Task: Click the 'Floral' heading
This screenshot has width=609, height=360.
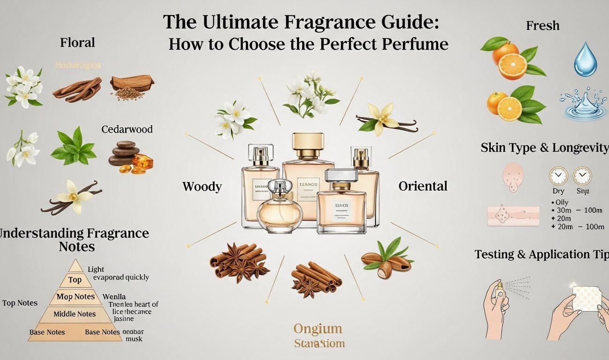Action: tap(77, 43)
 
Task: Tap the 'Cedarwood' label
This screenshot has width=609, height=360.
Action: tap(127, 129)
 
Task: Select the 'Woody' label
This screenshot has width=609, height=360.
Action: tap(202, 187)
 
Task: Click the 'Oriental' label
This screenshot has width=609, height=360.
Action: tap(423, 186)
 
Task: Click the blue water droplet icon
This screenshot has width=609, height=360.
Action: tap(585, 60)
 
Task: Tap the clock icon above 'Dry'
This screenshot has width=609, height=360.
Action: tap(558, 176)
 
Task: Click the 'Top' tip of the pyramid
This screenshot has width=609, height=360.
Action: tap(75, 280)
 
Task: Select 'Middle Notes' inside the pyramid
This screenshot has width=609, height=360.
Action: tap(74, 314)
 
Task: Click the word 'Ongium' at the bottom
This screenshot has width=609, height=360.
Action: tap(318, 329)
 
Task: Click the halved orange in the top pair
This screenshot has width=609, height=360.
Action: tap(512, 66)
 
